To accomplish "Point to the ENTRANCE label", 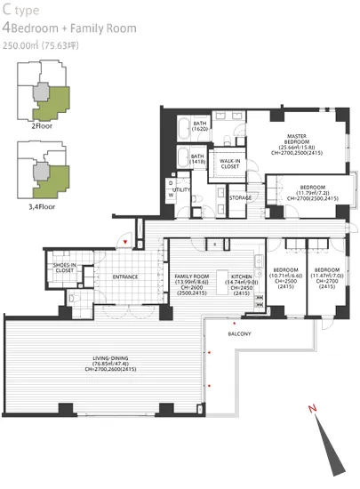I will point(124,277).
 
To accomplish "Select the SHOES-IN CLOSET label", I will point(64,268).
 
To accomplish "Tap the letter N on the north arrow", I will point(312,410).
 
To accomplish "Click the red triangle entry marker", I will point(126,241).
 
